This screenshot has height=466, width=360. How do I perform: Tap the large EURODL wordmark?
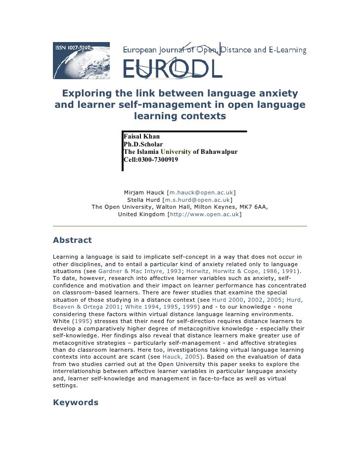(x=173, y=69)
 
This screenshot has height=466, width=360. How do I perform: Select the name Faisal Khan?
(x=141, y=136)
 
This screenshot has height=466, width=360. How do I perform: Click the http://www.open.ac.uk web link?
(x=205, y=215)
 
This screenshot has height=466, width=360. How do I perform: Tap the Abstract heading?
(x=72, y=240)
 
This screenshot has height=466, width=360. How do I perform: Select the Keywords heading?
(x=76, y=402)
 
